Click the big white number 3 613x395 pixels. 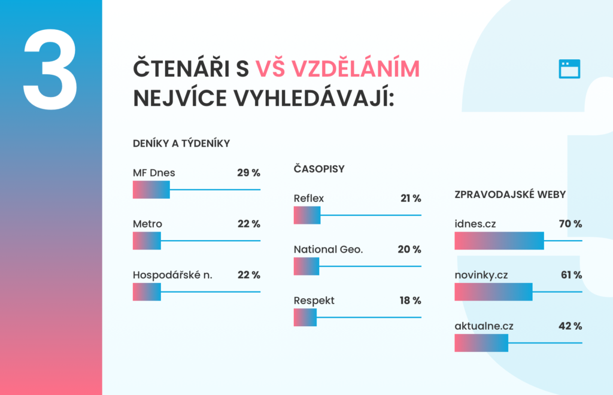click(x=50, y=69)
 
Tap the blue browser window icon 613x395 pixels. click(x=569, y=69)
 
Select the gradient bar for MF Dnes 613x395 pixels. click(x=151, y=190)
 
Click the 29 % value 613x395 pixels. click(x=248, y=173)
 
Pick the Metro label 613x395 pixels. click(x=147, y=224)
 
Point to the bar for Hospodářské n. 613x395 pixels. click(x=147, y=292)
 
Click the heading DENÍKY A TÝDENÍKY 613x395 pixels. click(x=181, y=144)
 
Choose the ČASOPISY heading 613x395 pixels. click(x=319, y=169)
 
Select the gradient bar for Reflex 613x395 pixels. click(x=307, y=215)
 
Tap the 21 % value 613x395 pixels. click(x=411, y=199)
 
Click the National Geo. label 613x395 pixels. click(x=329, y=249)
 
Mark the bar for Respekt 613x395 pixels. click(x=305, y=317)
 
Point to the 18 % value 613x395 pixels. click(x=411, y=300)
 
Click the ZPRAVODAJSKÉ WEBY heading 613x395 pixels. click(x=510, y=194)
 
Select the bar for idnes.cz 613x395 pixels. click(x=499, y=241)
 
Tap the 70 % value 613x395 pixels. click(x=570, y=224)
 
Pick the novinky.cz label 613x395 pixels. click(x=481, y=275)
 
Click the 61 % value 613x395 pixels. click(x=572, y=275)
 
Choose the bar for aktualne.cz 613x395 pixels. click(x=481, y=343)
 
